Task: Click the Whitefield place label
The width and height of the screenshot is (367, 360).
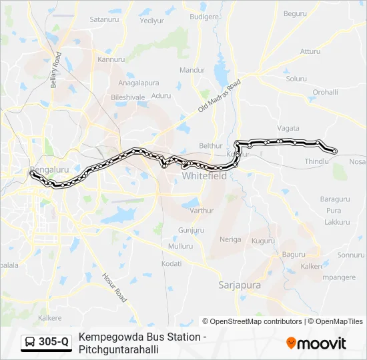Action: [204, 175]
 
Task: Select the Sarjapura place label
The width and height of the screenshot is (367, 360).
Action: [240, 285]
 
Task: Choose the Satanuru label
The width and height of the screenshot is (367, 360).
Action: [103, 20]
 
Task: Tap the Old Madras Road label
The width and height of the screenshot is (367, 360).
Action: [219, 97]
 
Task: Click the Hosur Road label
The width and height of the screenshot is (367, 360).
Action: [113, 287]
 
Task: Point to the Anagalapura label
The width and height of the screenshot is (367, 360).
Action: [139, 83]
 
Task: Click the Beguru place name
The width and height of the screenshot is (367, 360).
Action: [295, 13]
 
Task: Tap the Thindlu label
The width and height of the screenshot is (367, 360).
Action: [317, 161]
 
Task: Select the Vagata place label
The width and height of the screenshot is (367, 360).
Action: [288, 127]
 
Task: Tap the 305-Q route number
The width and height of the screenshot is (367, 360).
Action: [53, 343]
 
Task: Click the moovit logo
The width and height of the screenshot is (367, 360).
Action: [316, 343]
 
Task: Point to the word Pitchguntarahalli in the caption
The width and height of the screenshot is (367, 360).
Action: [119, 349]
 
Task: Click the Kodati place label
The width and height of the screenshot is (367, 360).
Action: [171, 264]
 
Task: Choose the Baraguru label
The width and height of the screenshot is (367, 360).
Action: [335, 199]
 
